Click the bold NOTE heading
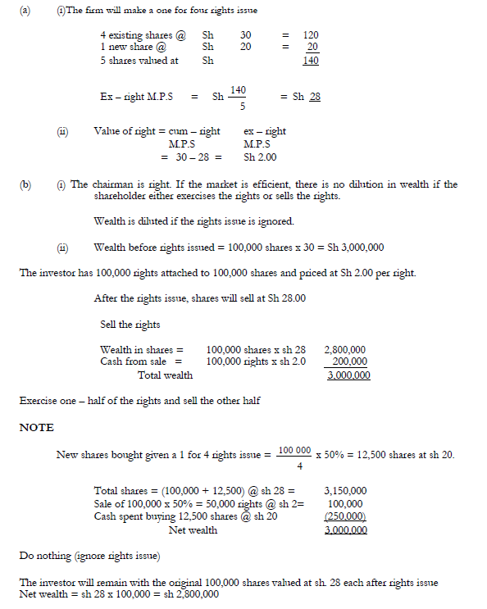click(37, 427)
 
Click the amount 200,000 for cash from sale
click(350, 361)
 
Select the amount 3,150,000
click(345, 490)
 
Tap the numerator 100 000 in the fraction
click(294, 450)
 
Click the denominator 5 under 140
click(236, 105)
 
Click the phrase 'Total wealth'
click(166, 375)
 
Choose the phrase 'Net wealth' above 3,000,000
click(193, 529)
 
